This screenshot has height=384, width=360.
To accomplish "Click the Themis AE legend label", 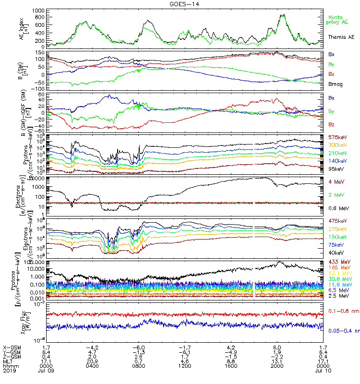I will click(x=341, y=36).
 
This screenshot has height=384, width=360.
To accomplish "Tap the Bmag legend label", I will click(x=335, y=84).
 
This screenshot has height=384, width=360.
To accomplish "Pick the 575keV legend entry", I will click(x=336, y=137).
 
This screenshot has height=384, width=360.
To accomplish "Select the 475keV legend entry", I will click(x=336, y=221).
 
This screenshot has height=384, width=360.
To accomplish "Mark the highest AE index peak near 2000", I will click(x=282, y=14).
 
